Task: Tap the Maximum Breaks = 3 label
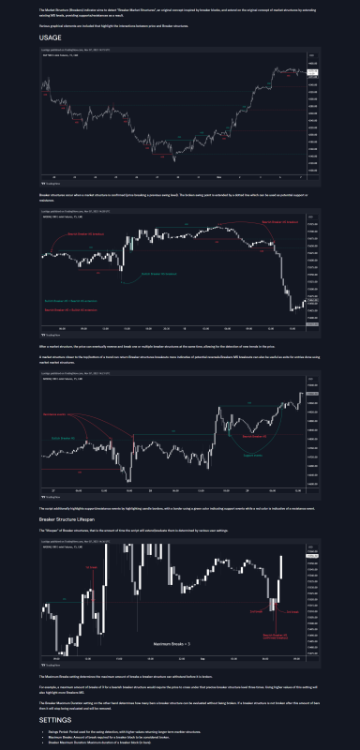172,645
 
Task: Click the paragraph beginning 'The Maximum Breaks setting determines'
141,674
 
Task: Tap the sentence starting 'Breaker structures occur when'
169,196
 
